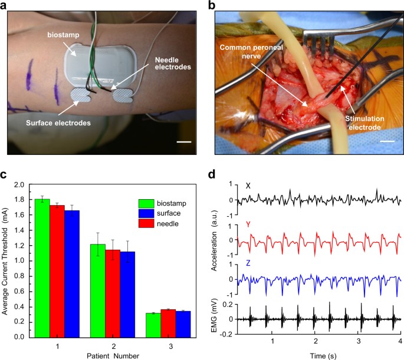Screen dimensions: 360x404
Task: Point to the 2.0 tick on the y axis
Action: [x=21, y=184]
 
